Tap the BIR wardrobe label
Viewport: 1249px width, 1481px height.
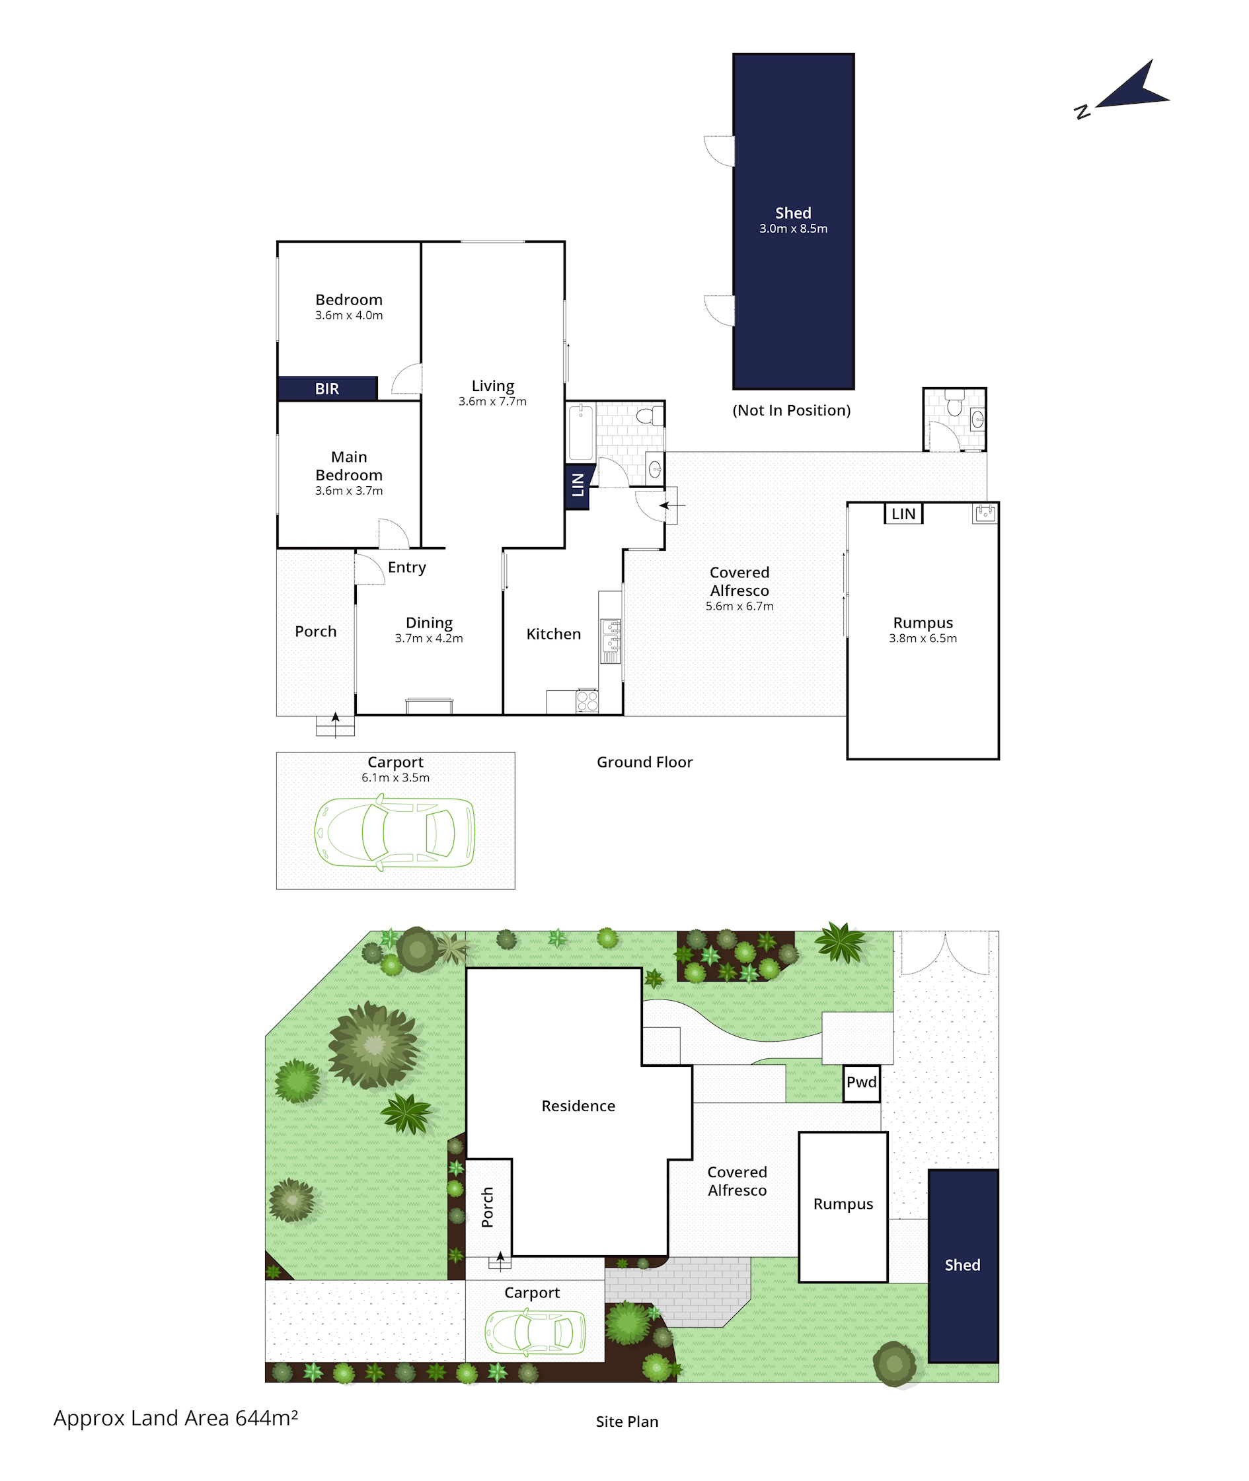click(x=327, y=388)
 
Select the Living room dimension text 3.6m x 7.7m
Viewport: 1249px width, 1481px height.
click(x=493, y=401)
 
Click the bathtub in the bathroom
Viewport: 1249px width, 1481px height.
click(x=581, y=431)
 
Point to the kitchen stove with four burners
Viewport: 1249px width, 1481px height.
click(x=587, y=700)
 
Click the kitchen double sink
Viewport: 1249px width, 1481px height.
click(x=611, y=641)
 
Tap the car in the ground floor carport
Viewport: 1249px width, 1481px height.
click(x=395, y=832)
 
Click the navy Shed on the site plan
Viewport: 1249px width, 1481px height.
click(x=963, y=1266)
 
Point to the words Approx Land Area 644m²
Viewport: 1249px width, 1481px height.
click(x=176, y=1418)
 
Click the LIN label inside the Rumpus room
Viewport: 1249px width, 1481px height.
click(x=903, y=514)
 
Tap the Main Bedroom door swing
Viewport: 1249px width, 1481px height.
click(x=394, y=534)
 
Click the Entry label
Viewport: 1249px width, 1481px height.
click(x=407, y=567)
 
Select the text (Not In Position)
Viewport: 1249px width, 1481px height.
click(x=792, y=410)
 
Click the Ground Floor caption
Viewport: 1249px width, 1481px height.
click(x=644, y=762)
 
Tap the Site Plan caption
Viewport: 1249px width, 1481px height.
click(x=627, y=1422)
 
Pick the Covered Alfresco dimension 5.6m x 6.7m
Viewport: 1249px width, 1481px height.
click(x=739, y=606)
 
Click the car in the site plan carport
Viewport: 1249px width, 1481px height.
click(x=535, y=1332)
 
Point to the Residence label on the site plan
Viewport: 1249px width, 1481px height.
click(x=578, y=1106)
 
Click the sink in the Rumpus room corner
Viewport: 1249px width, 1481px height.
click(x=985, y=514)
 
